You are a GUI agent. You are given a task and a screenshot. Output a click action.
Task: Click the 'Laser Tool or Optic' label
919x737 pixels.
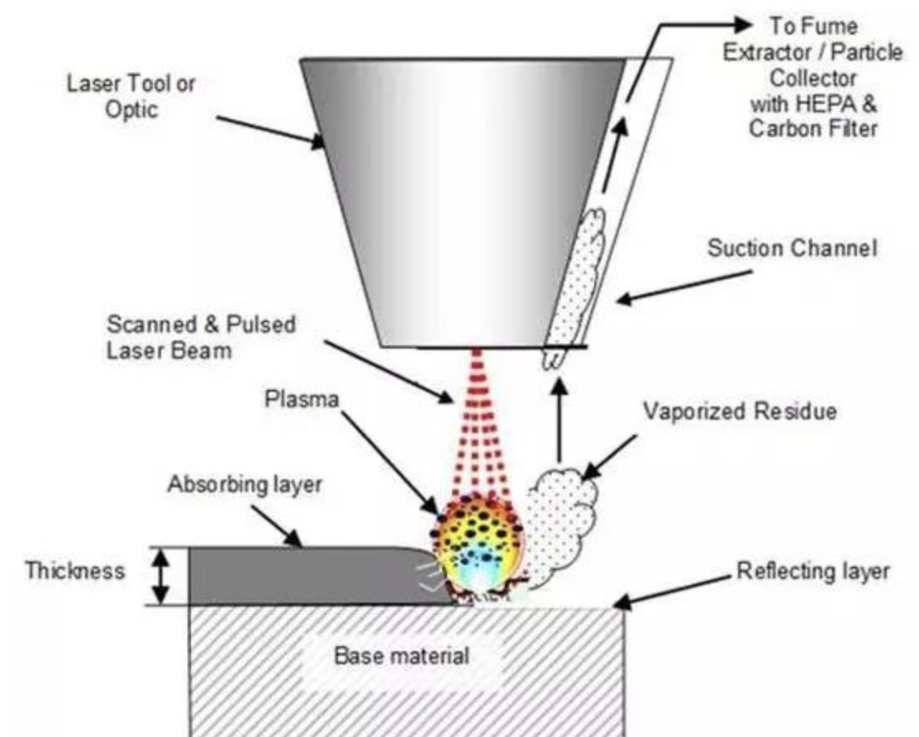131,97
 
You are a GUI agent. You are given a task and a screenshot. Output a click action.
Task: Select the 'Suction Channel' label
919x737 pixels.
793,249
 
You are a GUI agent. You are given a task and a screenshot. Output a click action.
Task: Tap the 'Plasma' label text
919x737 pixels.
302,399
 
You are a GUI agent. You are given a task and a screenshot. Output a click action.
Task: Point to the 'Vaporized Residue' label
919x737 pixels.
740,411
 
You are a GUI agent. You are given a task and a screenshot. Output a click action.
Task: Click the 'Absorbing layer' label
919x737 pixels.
245,485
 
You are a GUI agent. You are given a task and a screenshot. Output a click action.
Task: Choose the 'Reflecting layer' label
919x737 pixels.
813,571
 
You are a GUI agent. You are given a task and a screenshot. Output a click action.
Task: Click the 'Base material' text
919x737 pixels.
402,655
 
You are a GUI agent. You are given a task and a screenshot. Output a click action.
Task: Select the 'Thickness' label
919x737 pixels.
75,571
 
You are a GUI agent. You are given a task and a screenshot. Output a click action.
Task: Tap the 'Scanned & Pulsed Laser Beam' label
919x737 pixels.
201,338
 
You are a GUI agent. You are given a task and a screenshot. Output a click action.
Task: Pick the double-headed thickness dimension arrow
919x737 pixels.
162,577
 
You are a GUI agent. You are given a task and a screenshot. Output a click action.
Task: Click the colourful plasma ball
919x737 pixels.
477,547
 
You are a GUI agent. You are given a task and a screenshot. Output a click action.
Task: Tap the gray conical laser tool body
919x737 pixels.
463,202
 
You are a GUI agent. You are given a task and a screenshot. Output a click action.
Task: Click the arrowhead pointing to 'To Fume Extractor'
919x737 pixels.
742,25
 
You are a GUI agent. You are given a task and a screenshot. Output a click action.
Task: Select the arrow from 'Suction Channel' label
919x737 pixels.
684,287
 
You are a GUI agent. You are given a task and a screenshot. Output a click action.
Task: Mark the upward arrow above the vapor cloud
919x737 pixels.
559,421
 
